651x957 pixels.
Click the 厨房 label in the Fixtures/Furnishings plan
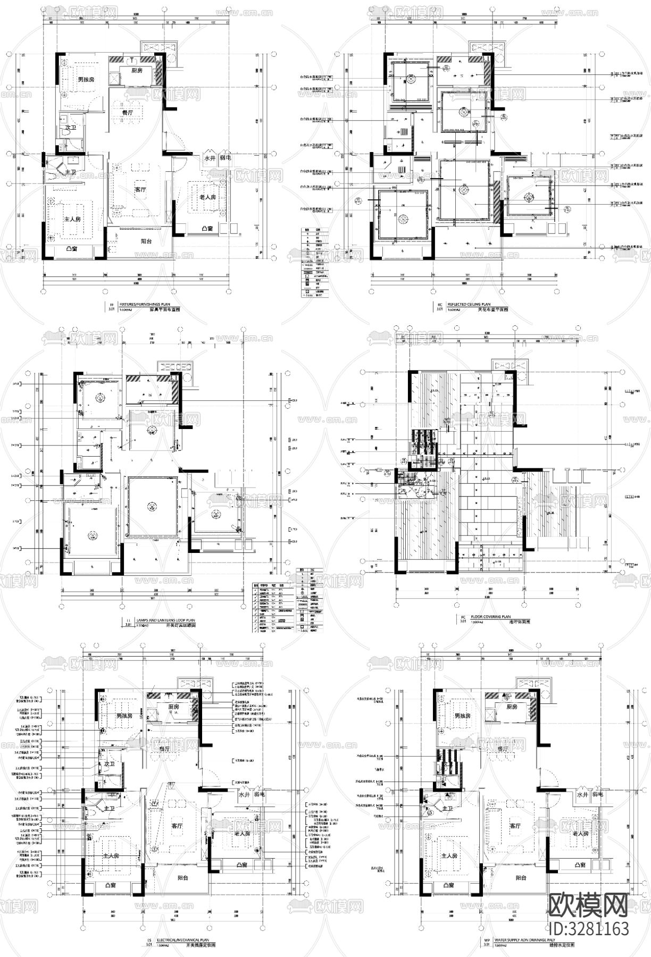137,70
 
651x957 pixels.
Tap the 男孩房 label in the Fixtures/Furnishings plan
86,80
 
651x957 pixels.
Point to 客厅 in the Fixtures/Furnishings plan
140,189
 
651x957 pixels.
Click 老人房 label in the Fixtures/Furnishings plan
207,197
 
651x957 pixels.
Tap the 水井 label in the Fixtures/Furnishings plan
209,158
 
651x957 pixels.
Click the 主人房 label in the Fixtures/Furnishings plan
72,219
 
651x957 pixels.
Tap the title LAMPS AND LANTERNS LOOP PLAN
165,620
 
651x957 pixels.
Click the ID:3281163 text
588,928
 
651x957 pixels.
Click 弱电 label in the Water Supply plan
598,794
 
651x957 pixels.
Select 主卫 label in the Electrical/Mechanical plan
109,808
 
